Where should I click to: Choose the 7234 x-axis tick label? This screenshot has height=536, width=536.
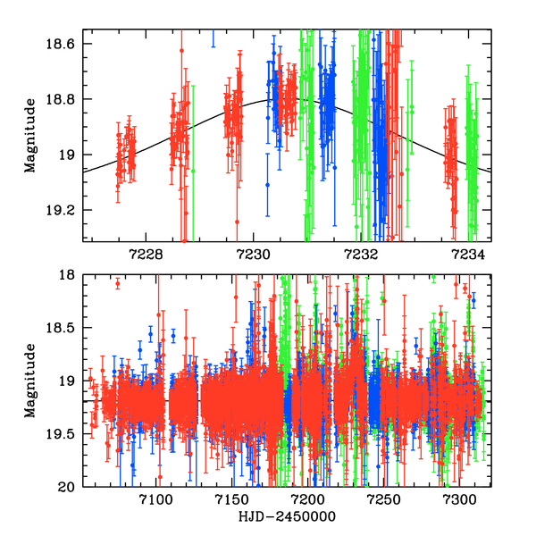pyautogui.click(x=471, y=254)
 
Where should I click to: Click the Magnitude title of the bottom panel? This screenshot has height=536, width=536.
pyautogui.click(x=30, y=381)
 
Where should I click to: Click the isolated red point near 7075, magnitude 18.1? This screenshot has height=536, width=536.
pyautogui.click(x=117, y=283)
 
